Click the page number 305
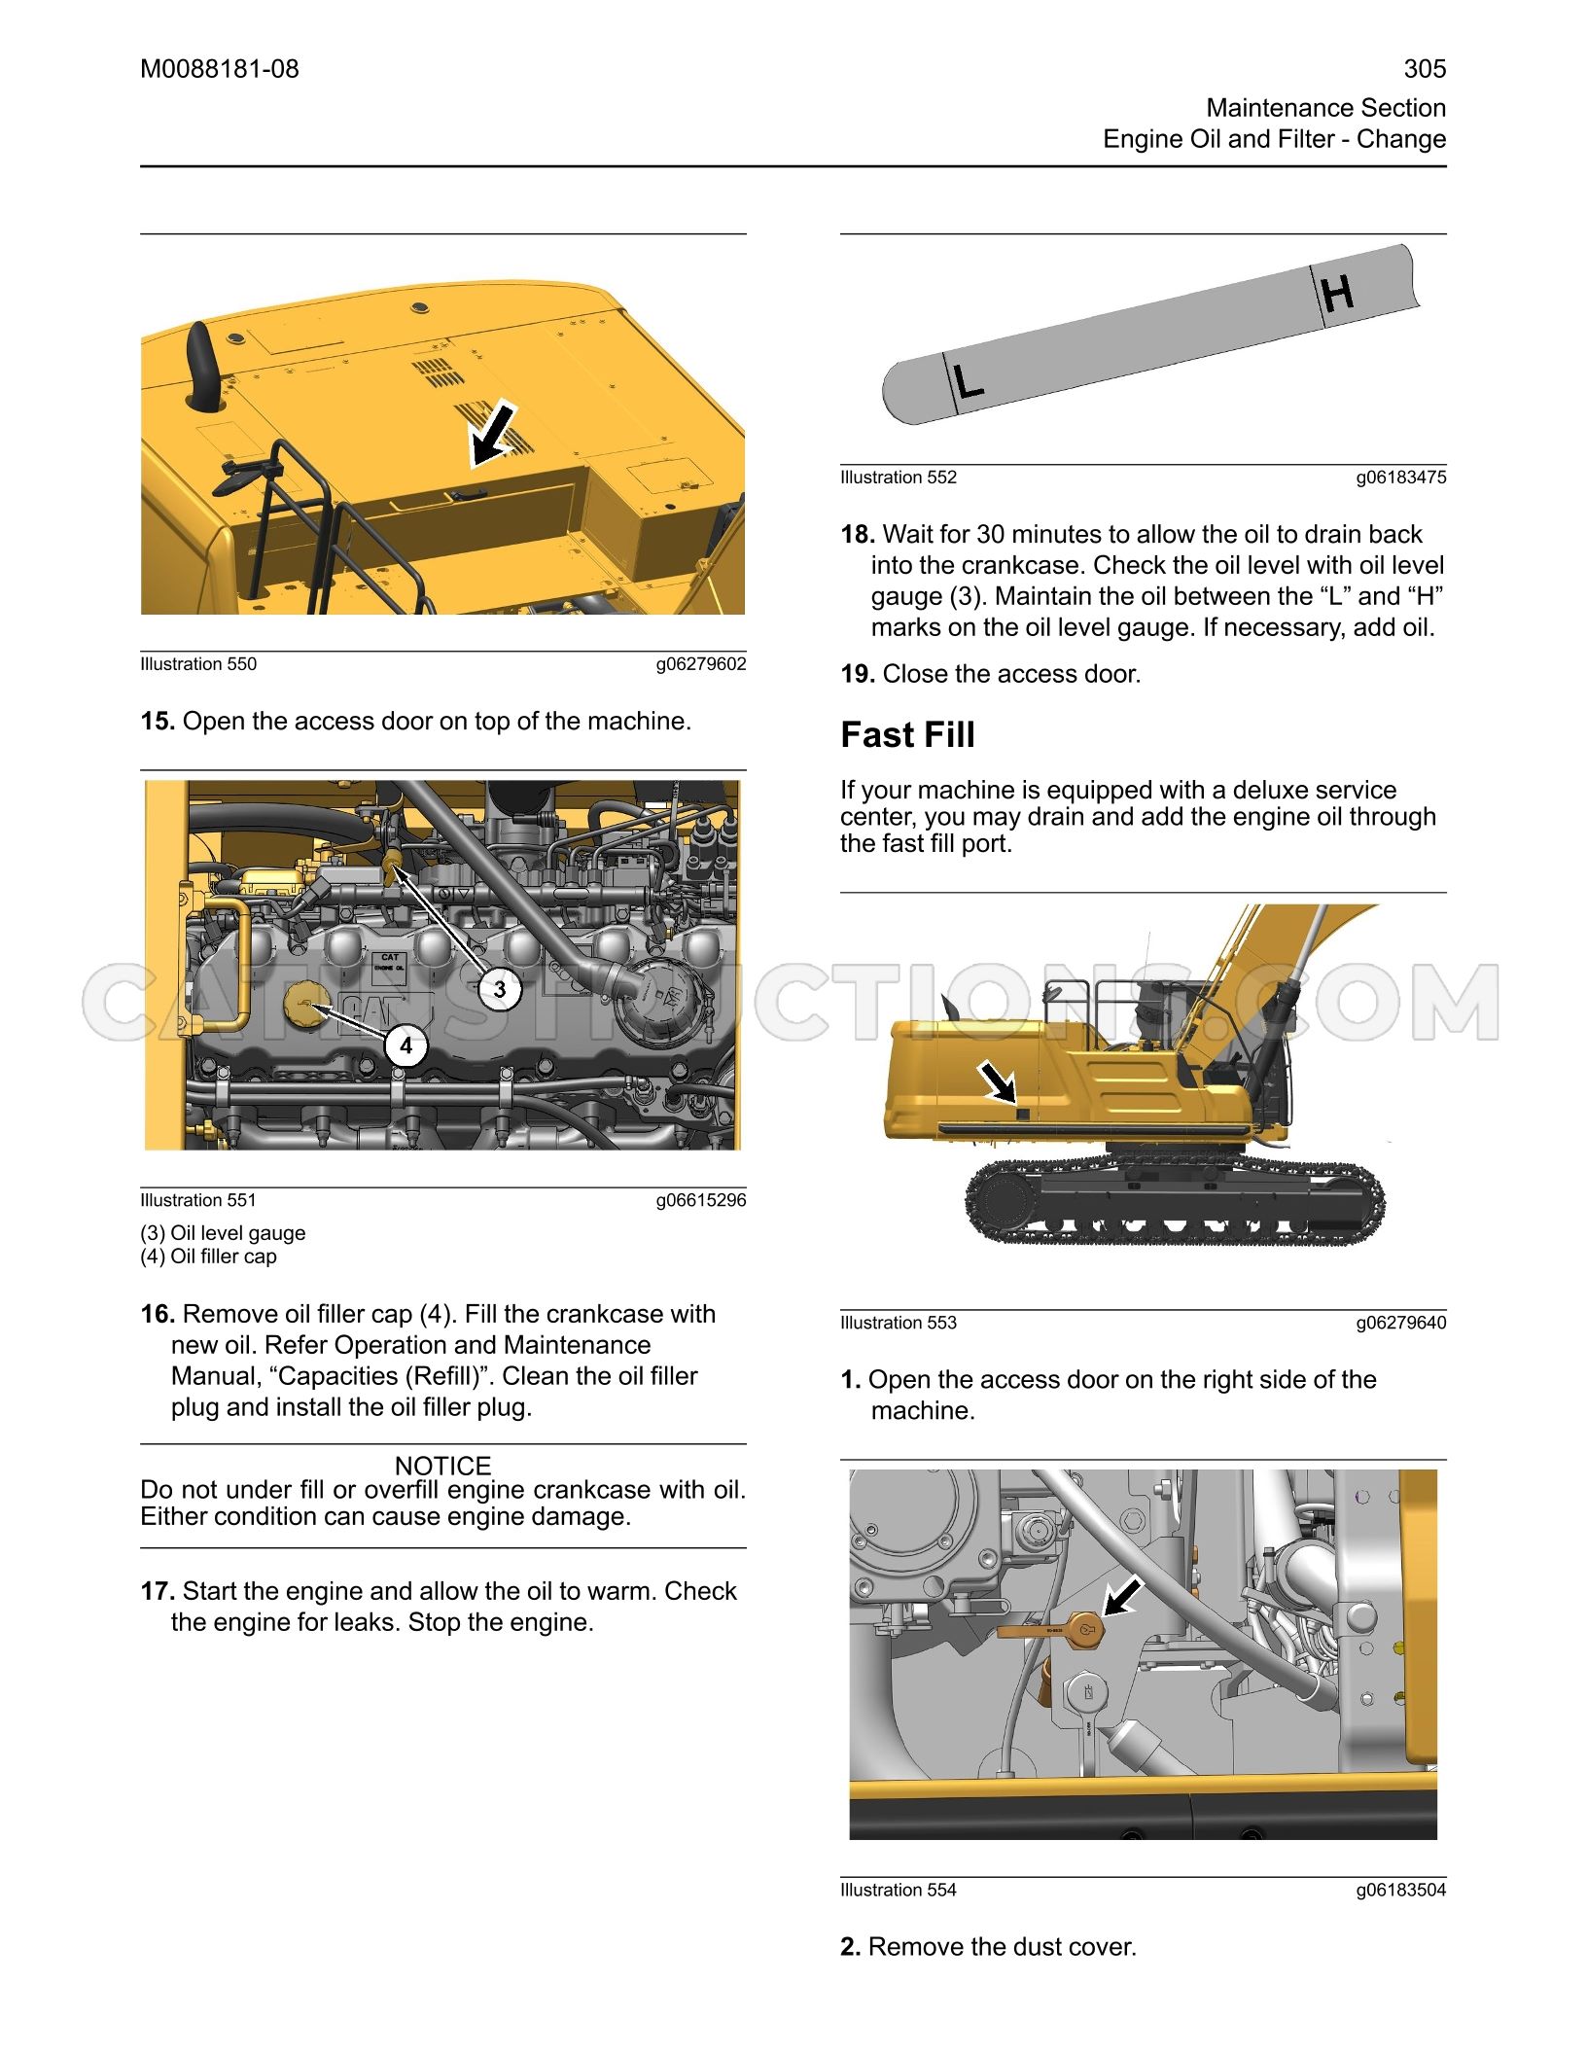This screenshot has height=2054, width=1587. (x=1425, y=69)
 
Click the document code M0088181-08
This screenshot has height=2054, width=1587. (x=220, y=69)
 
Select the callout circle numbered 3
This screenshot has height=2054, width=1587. (x=500, y=989)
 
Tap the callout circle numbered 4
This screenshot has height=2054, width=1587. (x=406, y=1045)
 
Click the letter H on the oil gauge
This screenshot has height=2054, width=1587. (x=1337, y=293)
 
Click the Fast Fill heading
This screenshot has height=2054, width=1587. (x=907, y=734)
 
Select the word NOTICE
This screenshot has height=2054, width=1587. (x=442, y=1465)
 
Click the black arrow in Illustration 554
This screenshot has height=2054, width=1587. (x=1123, y=1597)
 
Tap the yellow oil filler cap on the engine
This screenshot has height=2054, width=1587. (x=310, y=1008)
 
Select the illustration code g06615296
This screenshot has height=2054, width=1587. (x=701, y=1200)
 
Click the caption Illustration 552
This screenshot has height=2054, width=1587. (x=899, y=478)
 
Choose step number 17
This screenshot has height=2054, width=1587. (x=158, y=1591)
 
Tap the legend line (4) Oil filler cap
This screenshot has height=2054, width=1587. (x=208, y=1257)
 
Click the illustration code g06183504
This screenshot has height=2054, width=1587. (x=1401, y=1890)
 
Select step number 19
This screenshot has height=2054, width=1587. (x=858, y=674)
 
